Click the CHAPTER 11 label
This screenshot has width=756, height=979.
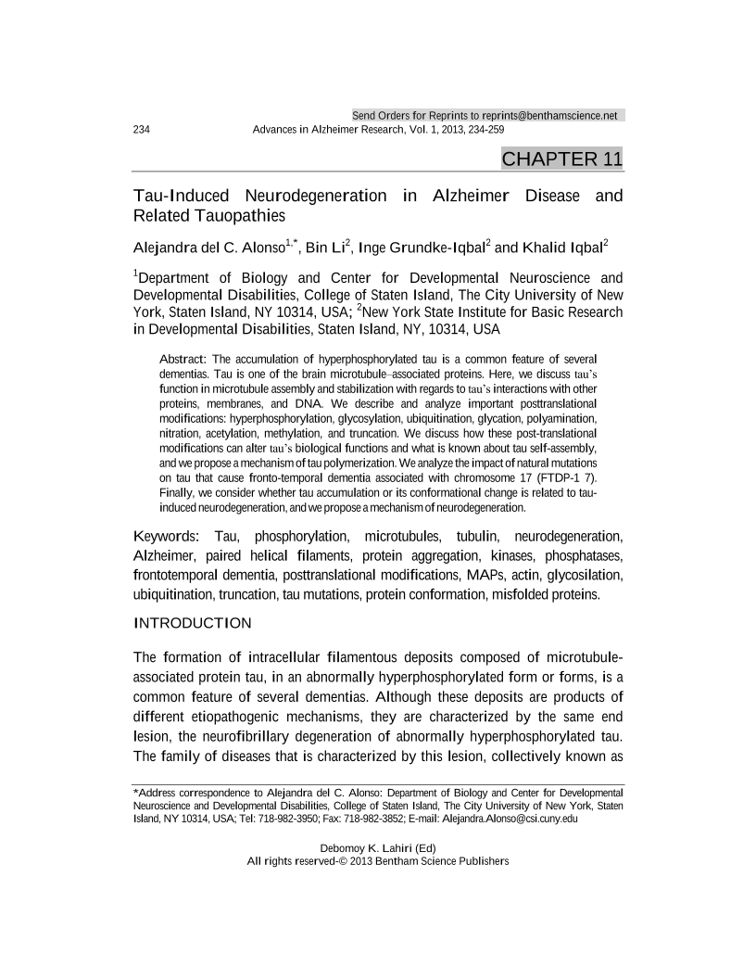click(x=561, y=159)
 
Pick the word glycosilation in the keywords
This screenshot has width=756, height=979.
click(x=584, y=575)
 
